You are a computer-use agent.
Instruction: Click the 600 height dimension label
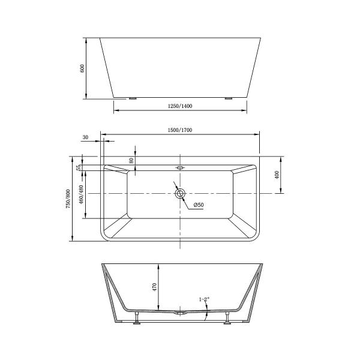[83, 68]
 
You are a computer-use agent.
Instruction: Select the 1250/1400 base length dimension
[180, 106]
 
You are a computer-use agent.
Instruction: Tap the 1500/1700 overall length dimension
[180, 130]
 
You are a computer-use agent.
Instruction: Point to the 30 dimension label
[85, 137]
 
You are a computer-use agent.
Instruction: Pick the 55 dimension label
[79, 167]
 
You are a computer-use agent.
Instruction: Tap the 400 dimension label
[277, 175]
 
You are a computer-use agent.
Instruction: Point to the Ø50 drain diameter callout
[198, 206]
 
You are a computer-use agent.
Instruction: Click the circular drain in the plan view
[180, 194]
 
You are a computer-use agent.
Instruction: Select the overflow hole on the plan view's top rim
[180, 168]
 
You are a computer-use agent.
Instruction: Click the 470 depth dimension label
[154, 287]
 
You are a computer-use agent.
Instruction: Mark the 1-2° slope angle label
[204, 299]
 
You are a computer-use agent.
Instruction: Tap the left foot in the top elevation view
[132, 98]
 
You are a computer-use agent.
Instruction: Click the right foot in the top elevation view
[228, 98]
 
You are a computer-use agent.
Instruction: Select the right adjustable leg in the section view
[227, 318]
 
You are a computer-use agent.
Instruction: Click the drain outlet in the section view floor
[179, 313]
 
